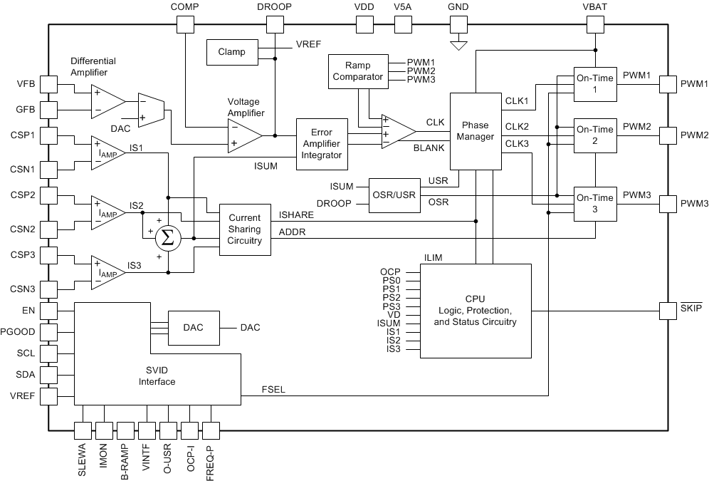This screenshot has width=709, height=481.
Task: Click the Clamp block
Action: tap(232, 51)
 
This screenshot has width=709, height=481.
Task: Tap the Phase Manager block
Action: tap(475, 131)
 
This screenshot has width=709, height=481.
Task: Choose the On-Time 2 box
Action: tap(594, 135)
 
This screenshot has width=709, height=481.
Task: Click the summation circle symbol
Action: tap(168, 237)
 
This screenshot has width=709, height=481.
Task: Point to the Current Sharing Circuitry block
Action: tap(244, 229)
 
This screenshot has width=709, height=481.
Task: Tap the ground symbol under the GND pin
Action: tap(459, 45)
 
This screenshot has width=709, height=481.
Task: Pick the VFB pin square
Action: tap(48, 84)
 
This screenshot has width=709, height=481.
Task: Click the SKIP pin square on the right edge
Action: tap(668, 311)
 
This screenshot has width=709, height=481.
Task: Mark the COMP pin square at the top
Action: tap(184, 24)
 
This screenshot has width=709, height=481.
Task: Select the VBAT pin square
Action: tap(594, 24)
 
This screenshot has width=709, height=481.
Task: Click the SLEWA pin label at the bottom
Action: tap(83, 460)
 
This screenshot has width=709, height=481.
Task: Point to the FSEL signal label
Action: tap(273, 389)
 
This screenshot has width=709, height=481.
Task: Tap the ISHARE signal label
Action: tap(297, 214)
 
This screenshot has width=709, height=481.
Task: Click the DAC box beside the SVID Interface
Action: tap(194, 328)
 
